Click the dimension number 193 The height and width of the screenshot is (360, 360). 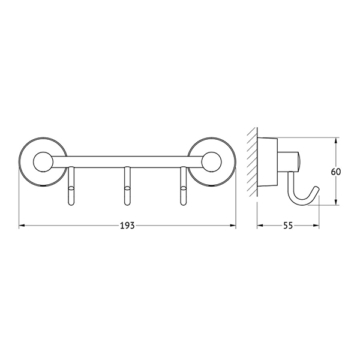127,226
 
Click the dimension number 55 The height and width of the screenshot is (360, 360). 288,226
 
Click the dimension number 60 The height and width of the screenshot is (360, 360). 336,172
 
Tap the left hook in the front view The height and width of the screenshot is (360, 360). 71,186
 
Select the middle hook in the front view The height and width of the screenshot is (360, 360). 127,186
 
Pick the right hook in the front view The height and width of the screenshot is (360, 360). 183,186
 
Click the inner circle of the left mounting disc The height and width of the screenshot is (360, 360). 43,161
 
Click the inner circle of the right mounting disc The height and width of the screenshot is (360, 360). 212,161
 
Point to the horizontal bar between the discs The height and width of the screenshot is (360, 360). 127,161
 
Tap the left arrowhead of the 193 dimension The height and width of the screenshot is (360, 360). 22,226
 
